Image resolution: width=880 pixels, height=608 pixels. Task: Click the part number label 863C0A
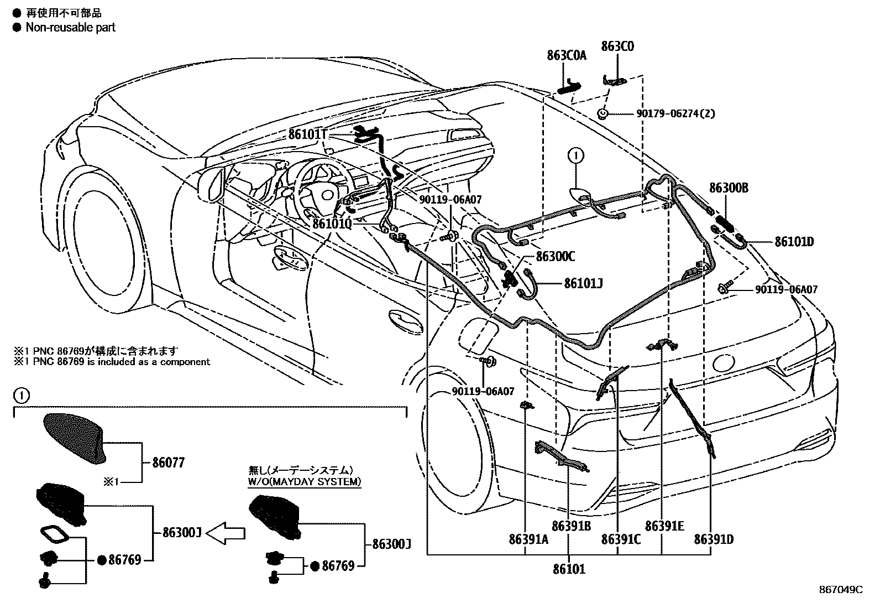(x=567, y=55)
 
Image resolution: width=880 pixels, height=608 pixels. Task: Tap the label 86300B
(x=729, y=188)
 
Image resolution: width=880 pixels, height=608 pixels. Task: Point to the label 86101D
(x=794, y=242)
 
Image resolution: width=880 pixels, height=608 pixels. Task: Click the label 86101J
(x=583, y=283)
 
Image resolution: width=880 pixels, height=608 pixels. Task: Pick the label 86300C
(x=556, y=257)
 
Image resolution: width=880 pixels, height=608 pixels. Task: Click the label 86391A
(x=528, y=539)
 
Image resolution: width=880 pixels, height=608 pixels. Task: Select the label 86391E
(x=664, y=526)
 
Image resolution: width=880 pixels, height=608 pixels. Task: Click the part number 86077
(x=169, y=463)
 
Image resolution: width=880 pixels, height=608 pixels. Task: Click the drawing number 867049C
(x=840, y=590)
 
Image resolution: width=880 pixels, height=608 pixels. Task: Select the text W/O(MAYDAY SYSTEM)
(x=305, y=482)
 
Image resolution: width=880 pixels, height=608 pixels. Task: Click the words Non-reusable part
(x=70, y=27)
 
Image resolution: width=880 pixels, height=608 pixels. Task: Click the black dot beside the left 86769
(x=102, y=560)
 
